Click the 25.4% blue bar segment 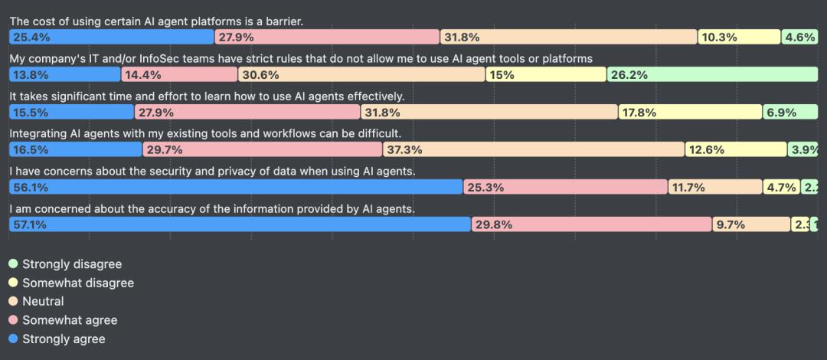coord(112,37)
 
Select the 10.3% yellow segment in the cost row coord(738,37)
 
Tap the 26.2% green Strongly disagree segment coord(712,74)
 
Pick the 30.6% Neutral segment coord(361,74)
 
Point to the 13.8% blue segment coord(64,74)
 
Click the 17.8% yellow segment coord(690,112)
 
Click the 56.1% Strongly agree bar coord(236,187)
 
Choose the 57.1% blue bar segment coord(240,224)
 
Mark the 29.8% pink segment coord(591,224)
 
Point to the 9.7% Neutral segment coord(750,224)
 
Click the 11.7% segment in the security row coord(714,187)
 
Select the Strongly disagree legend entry coord(72,264)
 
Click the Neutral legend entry coord(43,301)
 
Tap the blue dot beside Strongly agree coord(13,339)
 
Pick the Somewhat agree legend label coord(70,320)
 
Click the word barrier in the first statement coord(282,21)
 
